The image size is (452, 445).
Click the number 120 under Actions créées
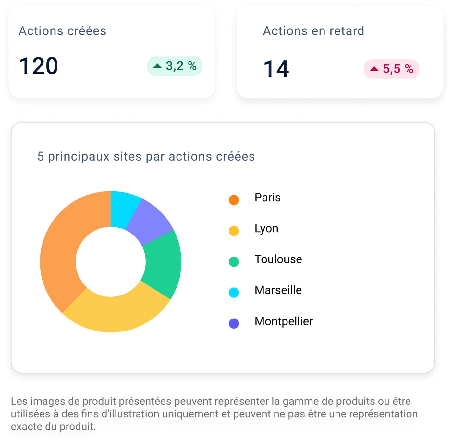click(x=39, y=66)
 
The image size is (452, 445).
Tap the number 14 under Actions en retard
click(x=276, y=69)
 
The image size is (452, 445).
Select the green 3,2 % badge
click(x=175, y=66)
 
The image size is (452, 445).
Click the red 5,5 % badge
click(x=391, y=69)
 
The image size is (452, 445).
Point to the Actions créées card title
click(x=62, y=31)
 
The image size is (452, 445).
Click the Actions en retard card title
click(x=313, y=31)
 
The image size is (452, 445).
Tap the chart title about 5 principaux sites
click(x=146, y=156)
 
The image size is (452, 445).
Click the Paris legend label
click(x=267, y=198)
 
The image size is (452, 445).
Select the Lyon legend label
click(x=266, y=228)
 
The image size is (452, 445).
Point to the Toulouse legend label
click(x=278, y=259)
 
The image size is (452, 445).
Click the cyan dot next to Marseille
click(x=234, y=292)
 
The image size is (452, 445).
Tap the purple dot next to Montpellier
click(x=234, y=323)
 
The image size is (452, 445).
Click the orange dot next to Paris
click(x=234, y=200)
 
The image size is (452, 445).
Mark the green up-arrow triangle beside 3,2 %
click(x=157, y=66)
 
